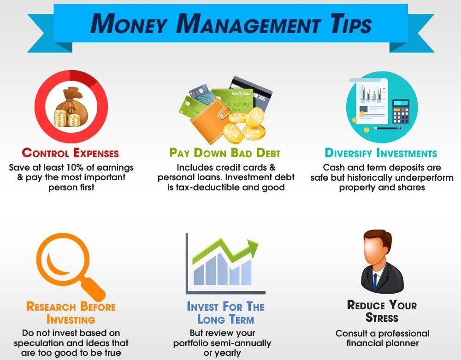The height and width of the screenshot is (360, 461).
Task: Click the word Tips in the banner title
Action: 351,24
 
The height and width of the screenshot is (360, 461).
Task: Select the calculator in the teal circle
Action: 401,112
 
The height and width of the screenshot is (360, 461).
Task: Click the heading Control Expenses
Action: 70,153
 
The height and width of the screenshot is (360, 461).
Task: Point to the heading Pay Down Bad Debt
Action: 225,153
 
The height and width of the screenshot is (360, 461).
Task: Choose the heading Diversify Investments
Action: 381,153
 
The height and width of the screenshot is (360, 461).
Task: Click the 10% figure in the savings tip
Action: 75,167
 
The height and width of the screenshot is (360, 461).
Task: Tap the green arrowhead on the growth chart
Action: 252,246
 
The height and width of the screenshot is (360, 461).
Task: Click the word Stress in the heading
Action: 382,318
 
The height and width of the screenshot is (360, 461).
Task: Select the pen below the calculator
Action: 387,128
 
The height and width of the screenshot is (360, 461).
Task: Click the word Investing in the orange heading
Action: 71,319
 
